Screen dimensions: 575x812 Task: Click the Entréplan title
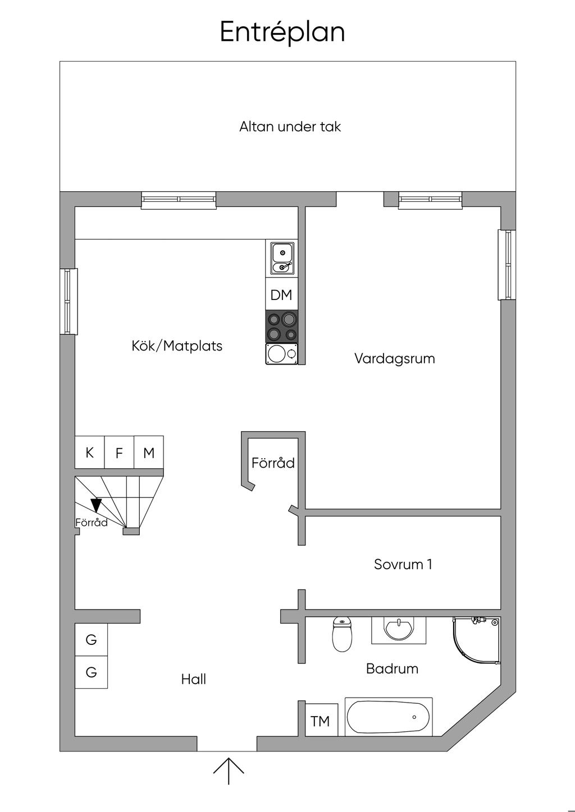282,32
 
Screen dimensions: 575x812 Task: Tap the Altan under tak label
290,127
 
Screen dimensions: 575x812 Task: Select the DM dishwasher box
281,294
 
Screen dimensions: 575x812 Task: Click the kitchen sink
282,259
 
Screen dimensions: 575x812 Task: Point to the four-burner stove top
282,326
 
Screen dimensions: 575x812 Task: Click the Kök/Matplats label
177,346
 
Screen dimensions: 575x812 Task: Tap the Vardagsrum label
395,359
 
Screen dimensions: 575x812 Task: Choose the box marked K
90,452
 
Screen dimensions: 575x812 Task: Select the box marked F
119,452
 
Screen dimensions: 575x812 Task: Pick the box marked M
149,452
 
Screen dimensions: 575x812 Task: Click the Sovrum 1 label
403,564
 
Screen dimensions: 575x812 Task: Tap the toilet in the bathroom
342,634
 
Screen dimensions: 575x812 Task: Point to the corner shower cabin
477,640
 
